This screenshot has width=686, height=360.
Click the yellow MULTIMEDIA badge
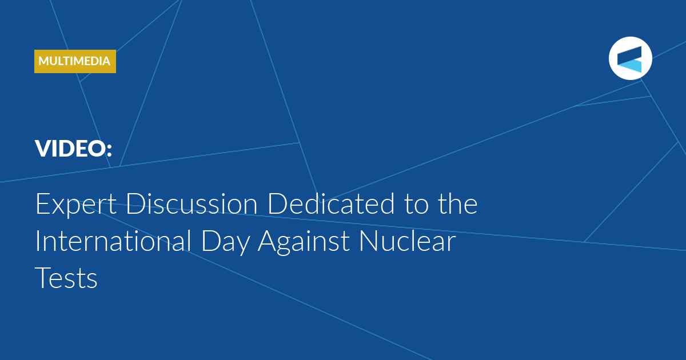(75, 61)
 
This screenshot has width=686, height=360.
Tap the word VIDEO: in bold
(74, 149)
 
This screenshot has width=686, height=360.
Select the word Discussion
(192, 203)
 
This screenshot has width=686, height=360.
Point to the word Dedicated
(331, 203)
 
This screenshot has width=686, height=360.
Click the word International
(114, 241)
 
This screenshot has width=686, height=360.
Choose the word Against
(304, 242)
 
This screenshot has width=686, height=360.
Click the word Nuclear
(408, 241)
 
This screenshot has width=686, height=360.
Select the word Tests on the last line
(66, 278)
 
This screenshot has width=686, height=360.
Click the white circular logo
(630, 58)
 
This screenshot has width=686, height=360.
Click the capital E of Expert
(43, 203)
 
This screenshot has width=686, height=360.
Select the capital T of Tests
(44, 278)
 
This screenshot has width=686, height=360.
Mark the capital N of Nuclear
(369, 241)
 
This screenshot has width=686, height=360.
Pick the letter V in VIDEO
(44, 149)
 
